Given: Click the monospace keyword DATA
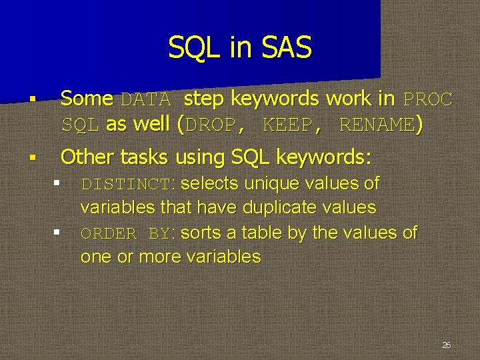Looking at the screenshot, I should tap(147, 100).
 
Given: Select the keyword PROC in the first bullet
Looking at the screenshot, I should tap(428, 100).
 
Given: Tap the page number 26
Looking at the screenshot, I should tap(446, 345).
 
